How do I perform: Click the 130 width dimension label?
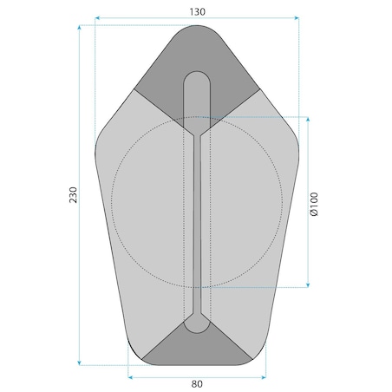[198, 12]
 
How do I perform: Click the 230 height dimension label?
[73, 195]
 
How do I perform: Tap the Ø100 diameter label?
[314, 204]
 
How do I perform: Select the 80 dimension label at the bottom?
[197, 384]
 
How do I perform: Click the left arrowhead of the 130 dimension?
[97, 18]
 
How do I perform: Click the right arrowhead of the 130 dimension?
[297, 18]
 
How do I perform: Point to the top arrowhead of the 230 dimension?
[79, 28]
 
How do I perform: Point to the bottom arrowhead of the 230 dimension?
[79, 363]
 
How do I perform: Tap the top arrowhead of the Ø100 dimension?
[308, 120]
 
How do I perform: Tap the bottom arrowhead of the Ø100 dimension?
[308, 285]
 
